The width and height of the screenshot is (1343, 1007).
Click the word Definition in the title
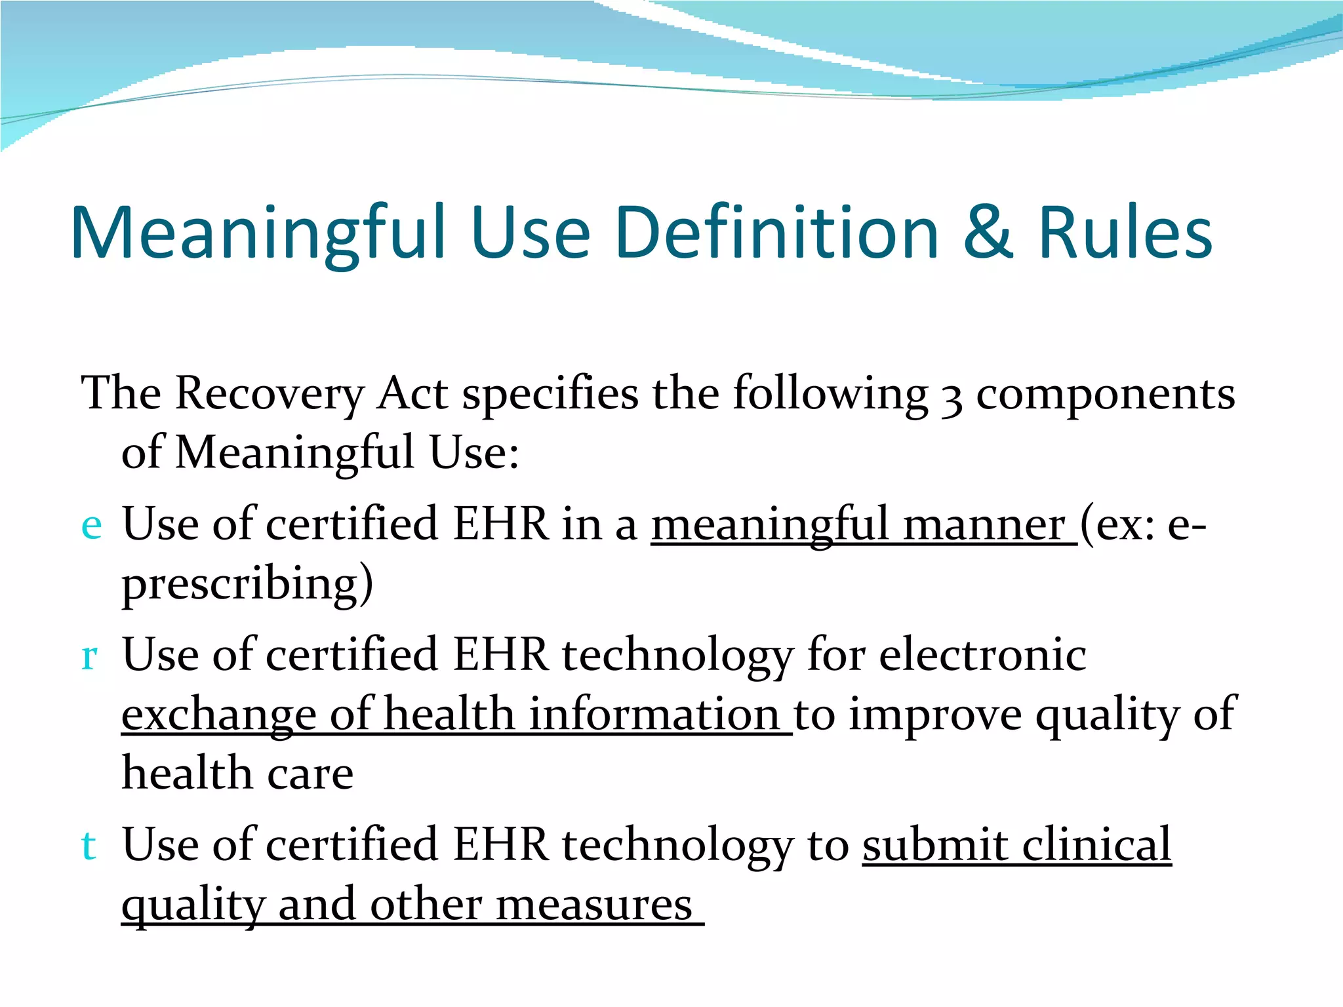pyautogui.click(x=778, y=233)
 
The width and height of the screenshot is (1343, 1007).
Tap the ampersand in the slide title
pyautogui.click(x=988, y=232)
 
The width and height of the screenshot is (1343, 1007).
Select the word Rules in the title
pyautogui.click(x=1125, y=233)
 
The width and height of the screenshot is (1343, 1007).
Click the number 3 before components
pyautogui.click(x=952, y=397)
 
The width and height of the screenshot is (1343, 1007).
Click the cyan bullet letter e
pyautogui.click(x=91, y=526)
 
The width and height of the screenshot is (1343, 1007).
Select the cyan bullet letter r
pyautogui.click(x=90, y=656)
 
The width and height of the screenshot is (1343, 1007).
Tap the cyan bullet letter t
pyautogui.click(x=89, y=845)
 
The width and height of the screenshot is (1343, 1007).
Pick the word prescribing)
pyautogui.click(x=247, y=584)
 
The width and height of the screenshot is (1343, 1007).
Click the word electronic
pyautogui.click(x=982, y=655)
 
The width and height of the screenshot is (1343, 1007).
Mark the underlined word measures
pyautogui.click(x=594, y=905)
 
